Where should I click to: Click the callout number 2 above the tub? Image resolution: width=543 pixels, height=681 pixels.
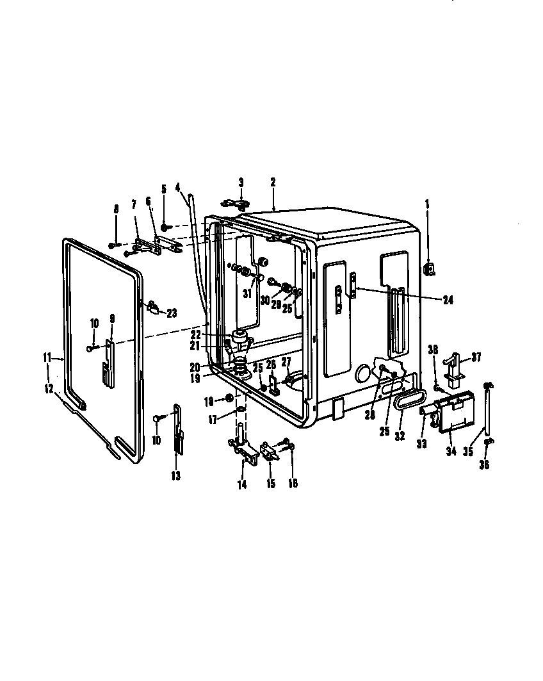point(273,182)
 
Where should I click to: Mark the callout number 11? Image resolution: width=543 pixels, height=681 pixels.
point(47,358)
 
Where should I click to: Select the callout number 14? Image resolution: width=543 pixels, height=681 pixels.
point(241,485)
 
